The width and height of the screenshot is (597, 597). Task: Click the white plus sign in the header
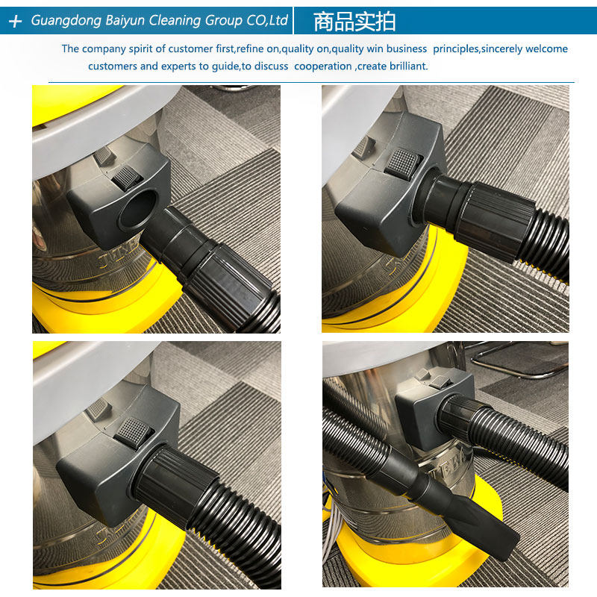(x=15, y=22)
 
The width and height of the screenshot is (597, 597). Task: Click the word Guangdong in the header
(x=66, y=21)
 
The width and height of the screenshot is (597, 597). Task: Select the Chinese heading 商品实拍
(x=354, y=22)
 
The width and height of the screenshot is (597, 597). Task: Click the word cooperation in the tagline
(x=323, y=66)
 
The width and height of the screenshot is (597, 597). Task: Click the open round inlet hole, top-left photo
(x=138, y=210)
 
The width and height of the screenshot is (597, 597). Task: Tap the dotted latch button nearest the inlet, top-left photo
(x=127, y=178)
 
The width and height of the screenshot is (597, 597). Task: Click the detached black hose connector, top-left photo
(x=209, y=266)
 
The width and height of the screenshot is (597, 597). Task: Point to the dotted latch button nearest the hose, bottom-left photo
(x=134, y=433)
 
